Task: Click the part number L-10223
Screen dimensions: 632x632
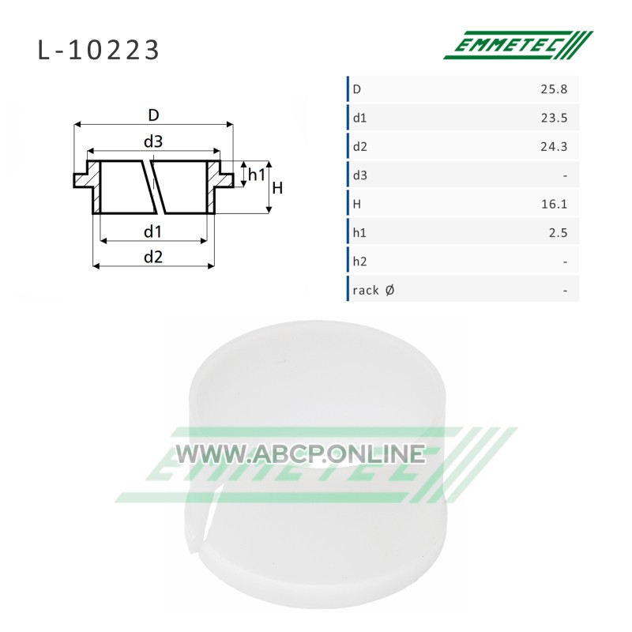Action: (98, 51)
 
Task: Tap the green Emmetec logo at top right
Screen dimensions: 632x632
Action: (518, 45)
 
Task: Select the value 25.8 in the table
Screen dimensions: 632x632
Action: (554, 89)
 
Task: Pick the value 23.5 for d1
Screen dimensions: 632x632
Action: (554, 118)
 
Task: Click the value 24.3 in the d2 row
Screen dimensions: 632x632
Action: (554, 146)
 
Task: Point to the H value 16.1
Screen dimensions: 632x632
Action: (555, 204)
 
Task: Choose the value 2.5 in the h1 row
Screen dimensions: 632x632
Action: (559, 232)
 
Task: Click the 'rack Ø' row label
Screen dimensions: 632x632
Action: (374, 290)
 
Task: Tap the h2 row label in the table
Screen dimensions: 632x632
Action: (360, 261)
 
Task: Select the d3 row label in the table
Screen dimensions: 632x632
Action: (360, 175)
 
